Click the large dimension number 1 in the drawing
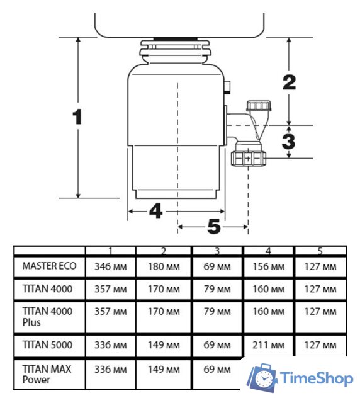coord(77,116)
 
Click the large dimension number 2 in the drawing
coord(289,82)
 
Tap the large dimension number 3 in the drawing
coord(288,141)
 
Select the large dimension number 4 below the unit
coord(155,211)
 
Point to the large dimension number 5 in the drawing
coord(214,227)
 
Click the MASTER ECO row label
coord(49,266)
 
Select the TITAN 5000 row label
coord(47,344)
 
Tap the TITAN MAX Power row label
coord(47,374)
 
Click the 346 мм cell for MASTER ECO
coord(111,266)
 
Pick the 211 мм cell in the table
coord(269,345)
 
